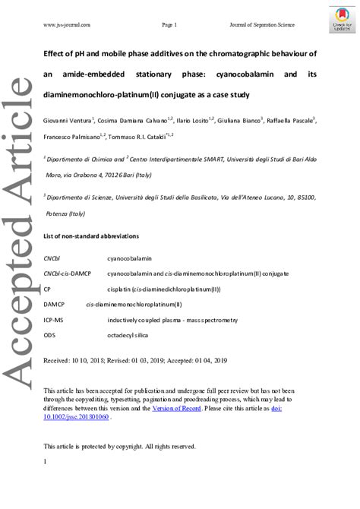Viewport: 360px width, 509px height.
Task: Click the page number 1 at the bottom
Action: point(46,463)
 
